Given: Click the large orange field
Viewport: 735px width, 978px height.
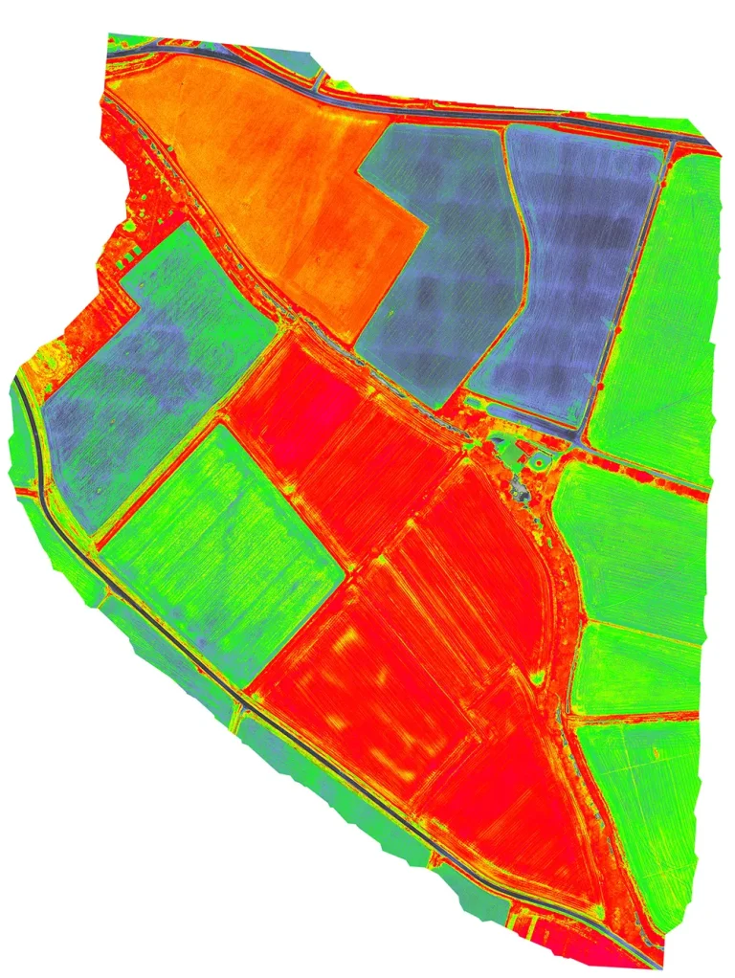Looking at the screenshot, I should pyautogui.click(x=258, y=172).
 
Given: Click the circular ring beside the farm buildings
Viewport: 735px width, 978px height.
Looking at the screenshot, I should pyautogui.click(x=540, y=462).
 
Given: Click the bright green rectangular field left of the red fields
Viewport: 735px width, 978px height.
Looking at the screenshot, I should pyautogui.click(x=220, y=545).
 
